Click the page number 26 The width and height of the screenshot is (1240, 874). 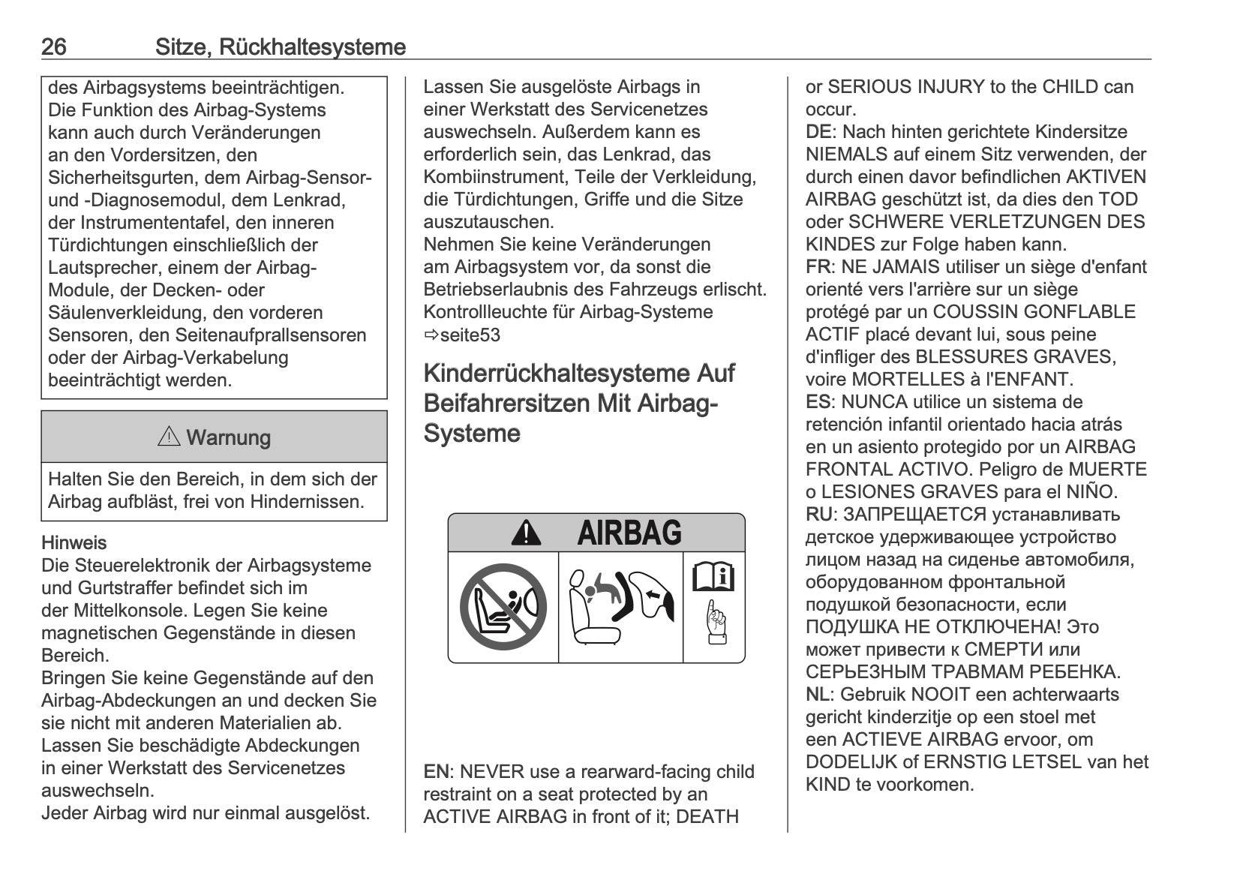[x=53, y=47]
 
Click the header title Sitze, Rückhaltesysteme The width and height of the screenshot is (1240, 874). [x=280, y=47]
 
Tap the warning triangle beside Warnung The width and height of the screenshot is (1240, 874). [x=169, y=436]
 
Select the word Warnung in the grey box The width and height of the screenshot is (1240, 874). [x=228, y=437]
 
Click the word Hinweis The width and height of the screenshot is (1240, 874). [x=74, y=543]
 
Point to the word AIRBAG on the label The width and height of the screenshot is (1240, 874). [x=629, y=533]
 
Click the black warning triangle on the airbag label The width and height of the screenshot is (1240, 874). [x=526, y=533]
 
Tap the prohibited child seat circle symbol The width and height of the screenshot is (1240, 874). [x=503, y=607]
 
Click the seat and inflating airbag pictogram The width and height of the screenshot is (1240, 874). [x=620, y=607]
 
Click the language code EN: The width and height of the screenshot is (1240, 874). [x=438, y=772]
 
